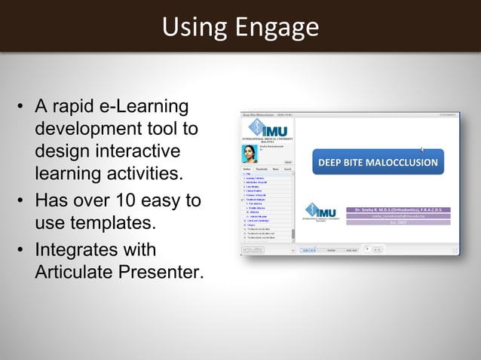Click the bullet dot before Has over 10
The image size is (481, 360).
click(21, 202)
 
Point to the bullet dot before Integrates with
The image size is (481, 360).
click(21, 250)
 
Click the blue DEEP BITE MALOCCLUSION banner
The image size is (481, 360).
click(377, 163)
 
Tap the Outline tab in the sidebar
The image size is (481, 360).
click(247, 170)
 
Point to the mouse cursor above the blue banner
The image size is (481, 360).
click(423, 149)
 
